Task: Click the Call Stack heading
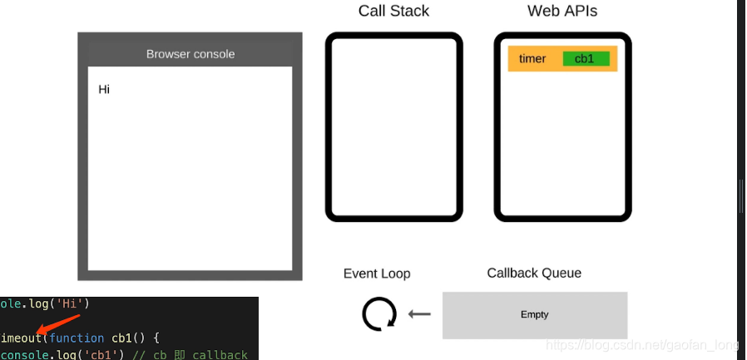pyautogui.click(x=393, y=12)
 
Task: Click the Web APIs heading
pyautogui.click(x=562, y=12)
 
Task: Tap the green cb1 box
pyautogui.click(x=586, y=58)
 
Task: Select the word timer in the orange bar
pyautogui.click(x=532, y=58)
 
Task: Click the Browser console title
pyautogui.click(x=190, y=54)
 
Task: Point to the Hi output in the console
pyautogui.click(x=104, y=90)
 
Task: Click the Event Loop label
pyautogui.click(x=377, y=274)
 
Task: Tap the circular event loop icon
pyautogui.click(x=379, y=314)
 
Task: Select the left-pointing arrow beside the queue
pyautogui.click(x=420, y=314)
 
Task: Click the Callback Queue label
pyautogui.click(x=534, y=273)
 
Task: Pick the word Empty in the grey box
pyautogui.click(x=534, y=314)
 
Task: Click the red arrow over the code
pyautogui.click(x=58, y=325)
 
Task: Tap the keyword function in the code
pyautogui.click(x=77, y=338)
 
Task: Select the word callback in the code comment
pyautogui.click(x=220, y=355)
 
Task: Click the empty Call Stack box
pyautogui.click(x=393, y=127)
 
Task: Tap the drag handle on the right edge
pyautogui.click(x=740, y=195)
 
